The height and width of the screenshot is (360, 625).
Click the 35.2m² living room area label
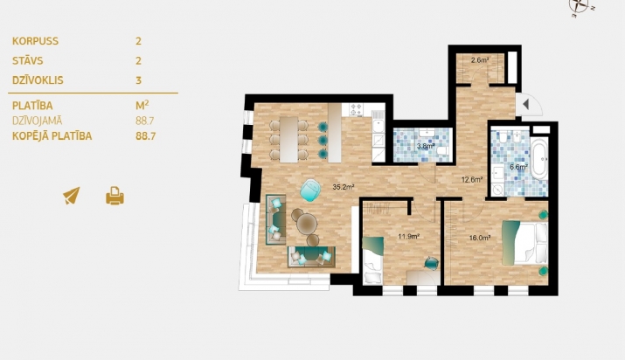[x=344, y=187]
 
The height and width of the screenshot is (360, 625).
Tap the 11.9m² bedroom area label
[x=408, y=236]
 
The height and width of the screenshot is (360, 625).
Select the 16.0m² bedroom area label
[x=480, y=238]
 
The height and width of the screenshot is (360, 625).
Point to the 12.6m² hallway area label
[x=472, y=180]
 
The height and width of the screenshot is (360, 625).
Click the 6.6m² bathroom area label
[x=518, y=167]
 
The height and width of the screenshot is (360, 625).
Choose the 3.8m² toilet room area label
[x=426, y=146]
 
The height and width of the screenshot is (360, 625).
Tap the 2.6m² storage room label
[x=480, y=60]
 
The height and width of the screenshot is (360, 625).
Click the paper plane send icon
[x=72, y=196]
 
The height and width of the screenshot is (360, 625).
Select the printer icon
[x=115, y=196]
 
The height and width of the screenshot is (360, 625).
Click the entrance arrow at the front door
[x=525, y=104]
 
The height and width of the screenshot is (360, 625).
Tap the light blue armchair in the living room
[x=310, y=190]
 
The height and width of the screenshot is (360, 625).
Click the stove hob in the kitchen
[x=356, y=109]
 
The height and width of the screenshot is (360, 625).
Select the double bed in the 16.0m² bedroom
[x=524, y=243]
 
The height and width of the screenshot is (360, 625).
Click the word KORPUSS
[x=36, y=41]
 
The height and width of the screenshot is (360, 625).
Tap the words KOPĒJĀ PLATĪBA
[x=52, y=135]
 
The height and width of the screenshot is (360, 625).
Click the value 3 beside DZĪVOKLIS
[x=138, y=80]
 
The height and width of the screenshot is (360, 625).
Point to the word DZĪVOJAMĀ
[x=37, y=121]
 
